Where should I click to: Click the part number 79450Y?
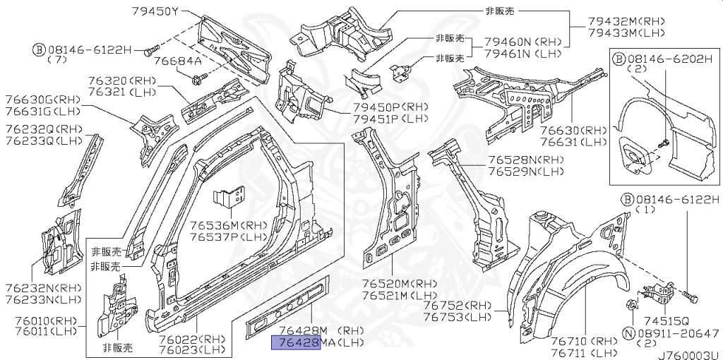coord(155,11)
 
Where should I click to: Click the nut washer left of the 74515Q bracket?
coord(631,305)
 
